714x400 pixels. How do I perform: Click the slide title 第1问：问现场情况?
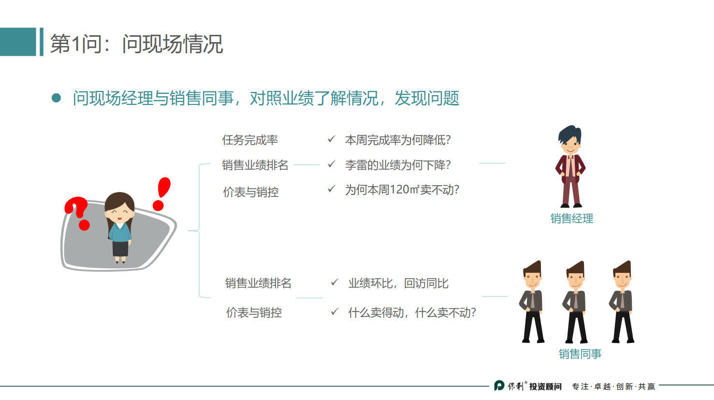[x=136, y=44]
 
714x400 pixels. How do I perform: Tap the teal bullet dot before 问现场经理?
[x=57, y=98]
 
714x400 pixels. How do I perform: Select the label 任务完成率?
[x=250, y=140]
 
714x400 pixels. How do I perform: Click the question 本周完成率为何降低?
[x=397, y=140]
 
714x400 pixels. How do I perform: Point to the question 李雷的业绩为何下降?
[x=397, y=165]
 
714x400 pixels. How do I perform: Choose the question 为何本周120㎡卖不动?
[x=402, y=190]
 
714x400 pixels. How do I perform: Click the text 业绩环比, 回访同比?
[x=398, y=283]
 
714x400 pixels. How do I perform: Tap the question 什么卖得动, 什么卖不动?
[x=412, y=313]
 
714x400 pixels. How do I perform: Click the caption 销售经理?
[x=571, y=219]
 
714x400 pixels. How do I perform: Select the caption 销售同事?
[x=580, y=354]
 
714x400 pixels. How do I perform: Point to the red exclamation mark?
[x=161, y=193]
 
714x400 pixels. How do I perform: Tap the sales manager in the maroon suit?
[x=570, y=167]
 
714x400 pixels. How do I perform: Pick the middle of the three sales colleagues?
[x=575, y=302]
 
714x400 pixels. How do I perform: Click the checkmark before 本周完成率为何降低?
[x=331, y=139]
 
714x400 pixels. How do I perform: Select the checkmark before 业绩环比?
[x=335, y=282]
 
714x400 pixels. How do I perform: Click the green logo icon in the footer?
[x=499, y=386]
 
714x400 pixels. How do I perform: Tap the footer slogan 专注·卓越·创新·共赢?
[x=613, y=386]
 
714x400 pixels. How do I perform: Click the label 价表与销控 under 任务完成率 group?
[x=251, y=192]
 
